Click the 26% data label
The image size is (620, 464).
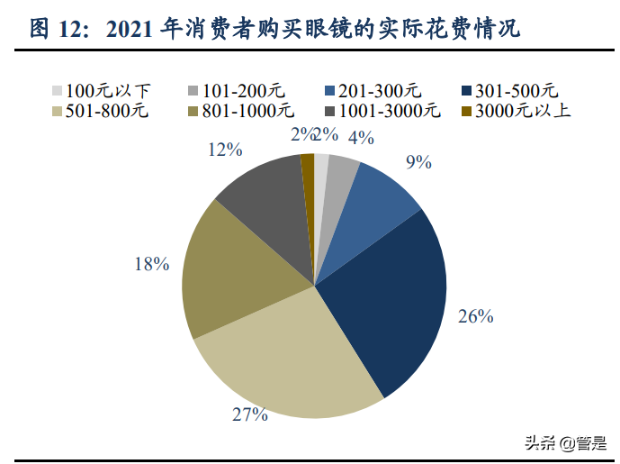pos(476,316)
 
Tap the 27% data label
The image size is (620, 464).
pos(250,414)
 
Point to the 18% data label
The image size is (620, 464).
pos(151,264)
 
